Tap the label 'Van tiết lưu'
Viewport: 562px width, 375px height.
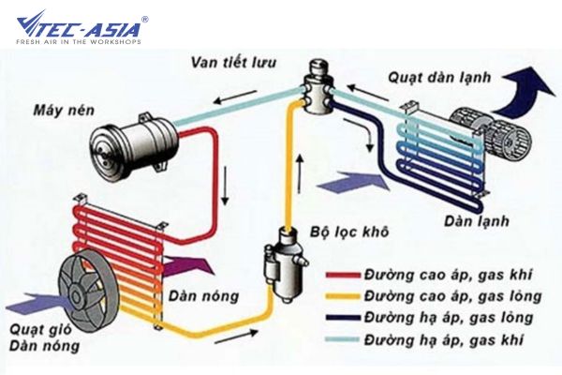point(233,63)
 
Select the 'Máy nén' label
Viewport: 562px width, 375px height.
point(64,110)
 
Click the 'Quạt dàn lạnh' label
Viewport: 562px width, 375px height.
point(439,77)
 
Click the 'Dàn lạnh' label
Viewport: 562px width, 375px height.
point(477,220)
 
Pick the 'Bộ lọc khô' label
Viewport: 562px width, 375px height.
point(349,232)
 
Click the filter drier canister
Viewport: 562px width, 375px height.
point(285,264)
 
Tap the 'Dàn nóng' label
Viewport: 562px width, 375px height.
point(203,295)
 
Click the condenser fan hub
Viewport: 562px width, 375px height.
point(76,296)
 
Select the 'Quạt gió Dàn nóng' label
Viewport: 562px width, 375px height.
point(44,337)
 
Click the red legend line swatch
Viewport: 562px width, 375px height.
point(343,276)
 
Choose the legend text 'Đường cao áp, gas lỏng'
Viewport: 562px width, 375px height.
point(453,296)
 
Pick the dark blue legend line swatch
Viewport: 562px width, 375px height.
point(343,318)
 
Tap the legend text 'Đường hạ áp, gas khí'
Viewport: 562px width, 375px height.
point(444,339)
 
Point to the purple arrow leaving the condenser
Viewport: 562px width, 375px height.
point(188,266)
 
